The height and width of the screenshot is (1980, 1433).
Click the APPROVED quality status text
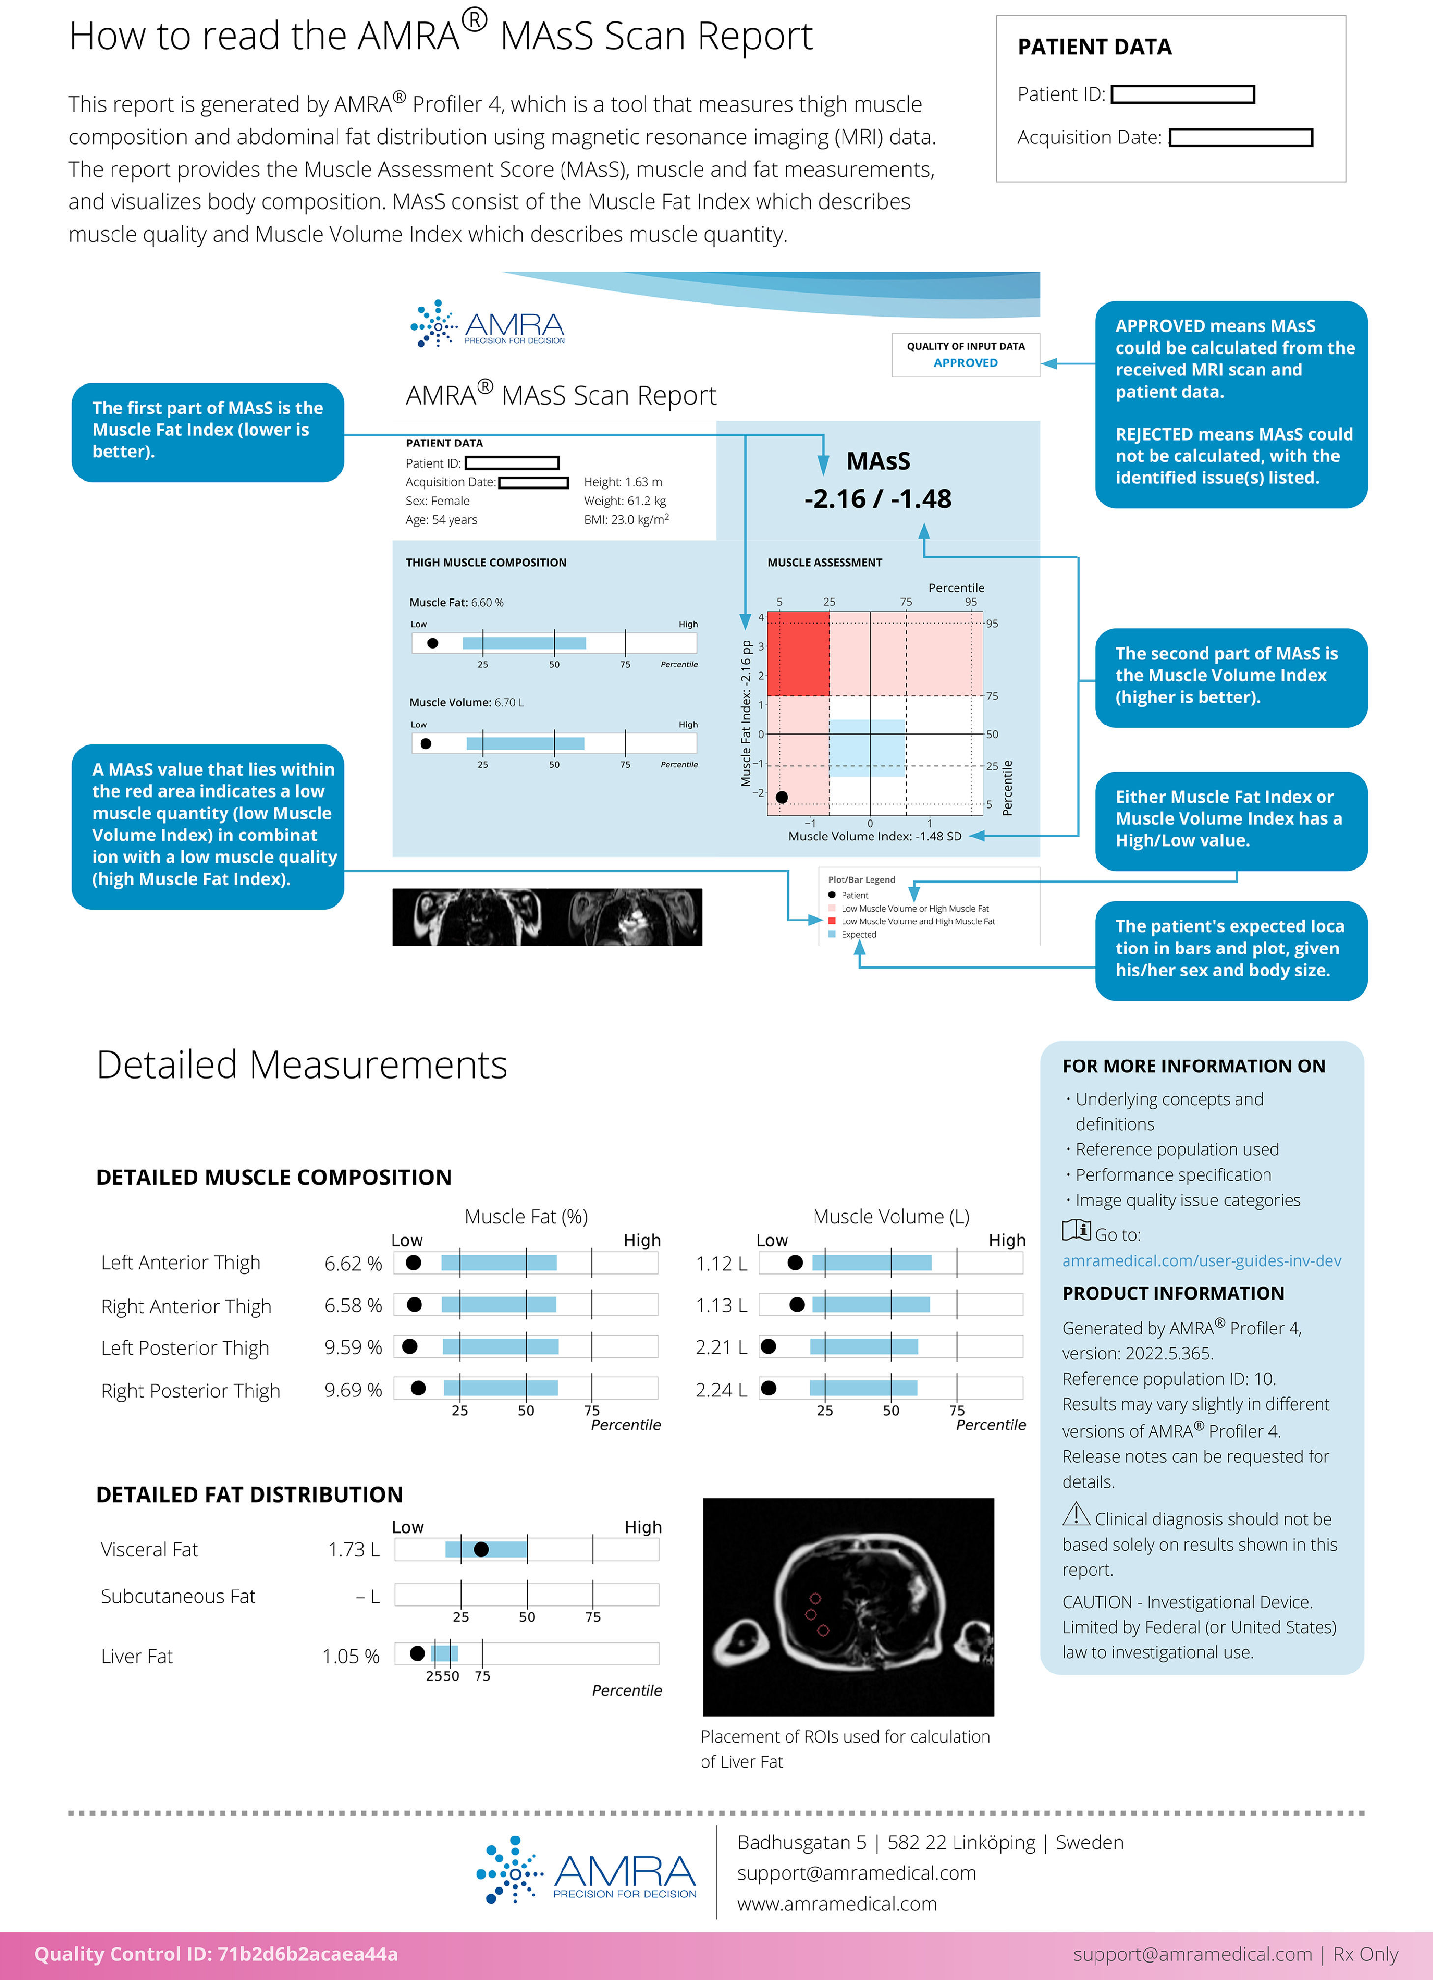965,363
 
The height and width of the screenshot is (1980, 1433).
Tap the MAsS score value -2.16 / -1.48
877,499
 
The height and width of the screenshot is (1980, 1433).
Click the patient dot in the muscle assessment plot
782,797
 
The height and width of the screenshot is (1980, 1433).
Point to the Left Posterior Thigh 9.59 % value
353,1347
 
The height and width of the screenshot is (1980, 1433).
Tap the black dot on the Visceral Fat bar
481,1549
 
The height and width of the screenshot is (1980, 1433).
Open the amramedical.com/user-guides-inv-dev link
1201,1260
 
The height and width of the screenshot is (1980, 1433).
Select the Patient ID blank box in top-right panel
1182,94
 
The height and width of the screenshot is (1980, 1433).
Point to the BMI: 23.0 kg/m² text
626,520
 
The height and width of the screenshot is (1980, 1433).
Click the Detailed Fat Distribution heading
250,1495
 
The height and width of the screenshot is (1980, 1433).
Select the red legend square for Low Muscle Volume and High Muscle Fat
831,921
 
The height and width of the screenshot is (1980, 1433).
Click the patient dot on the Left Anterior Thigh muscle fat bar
414,1262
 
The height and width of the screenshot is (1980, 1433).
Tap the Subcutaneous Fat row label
178,1596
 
